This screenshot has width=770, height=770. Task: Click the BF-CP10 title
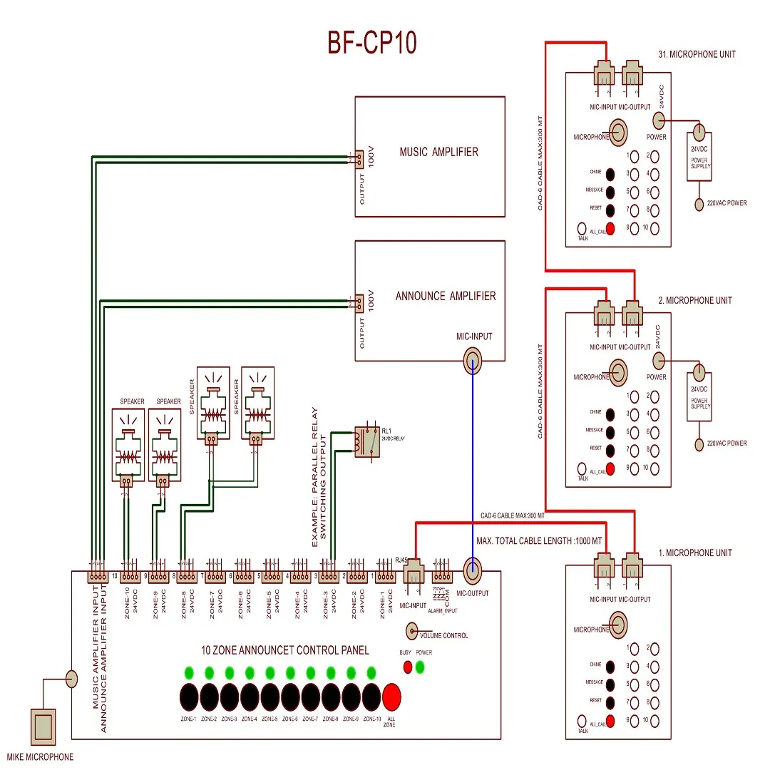pyautogui.click(x=371, y=43)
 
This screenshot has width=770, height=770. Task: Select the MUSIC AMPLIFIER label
pyautogui.click(x=438, y=152)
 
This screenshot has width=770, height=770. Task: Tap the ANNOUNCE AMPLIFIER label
pyautogui.click(x=446, y=296)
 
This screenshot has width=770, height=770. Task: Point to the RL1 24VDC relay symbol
pyautogui.click(x=367, y=441)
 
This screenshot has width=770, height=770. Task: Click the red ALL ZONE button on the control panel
pyautogui.click(x=392, y=695)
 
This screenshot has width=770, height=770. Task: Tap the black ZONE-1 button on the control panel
pyautogui.click(x=189, y=695)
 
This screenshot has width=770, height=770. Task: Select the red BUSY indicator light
pyautogui.click(x=408, y=667)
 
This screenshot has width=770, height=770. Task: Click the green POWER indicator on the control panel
pyautogui.click(x=421, y=667)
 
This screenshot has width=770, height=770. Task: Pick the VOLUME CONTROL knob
pyautogui.click(x=411, y=630)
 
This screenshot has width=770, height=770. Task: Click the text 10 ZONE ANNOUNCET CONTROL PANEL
pyautogui.click(x=285, y=650)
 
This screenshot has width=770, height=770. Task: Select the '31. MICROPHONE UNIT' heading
pyautogui.click(x=697, y=54)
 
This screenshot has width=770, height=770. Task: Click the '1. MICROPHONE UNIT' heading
pyautogui.click(x=694, y=553)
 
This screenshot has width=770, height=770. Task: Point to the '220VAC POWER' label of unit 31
pyautogui.click(x=727, y=203)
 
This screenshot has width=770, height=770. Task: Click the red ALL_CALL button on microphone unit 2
pyautogui.click(x=610, y=468)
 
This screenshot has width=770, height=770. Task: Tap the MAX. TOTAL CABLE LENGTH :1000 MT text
pyautogui.click(x=539, y=542)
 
